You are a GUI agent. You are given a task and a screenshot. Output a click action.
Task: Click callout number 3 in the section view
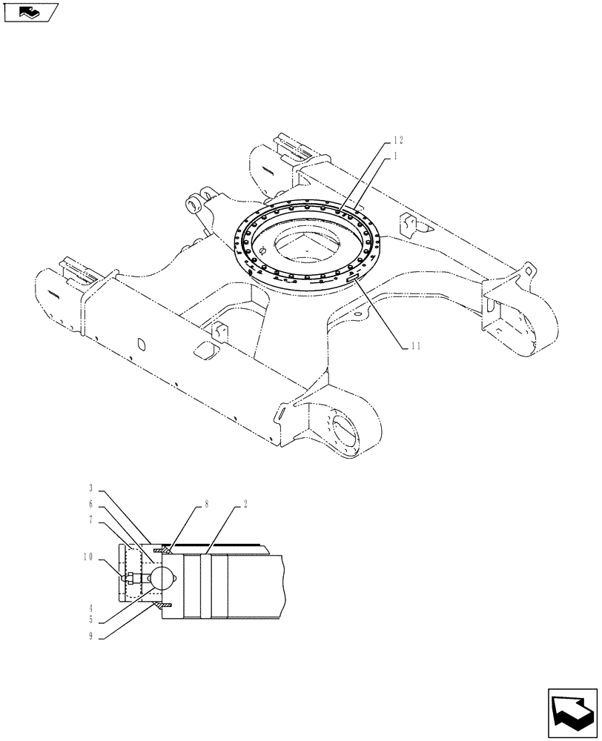[90, 489]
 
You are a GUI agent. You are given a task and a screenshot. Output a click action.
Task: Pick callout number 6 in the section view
[90, 503]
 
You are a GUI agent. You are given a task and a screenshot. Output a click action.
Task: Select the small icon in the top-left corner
[30, 12]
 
